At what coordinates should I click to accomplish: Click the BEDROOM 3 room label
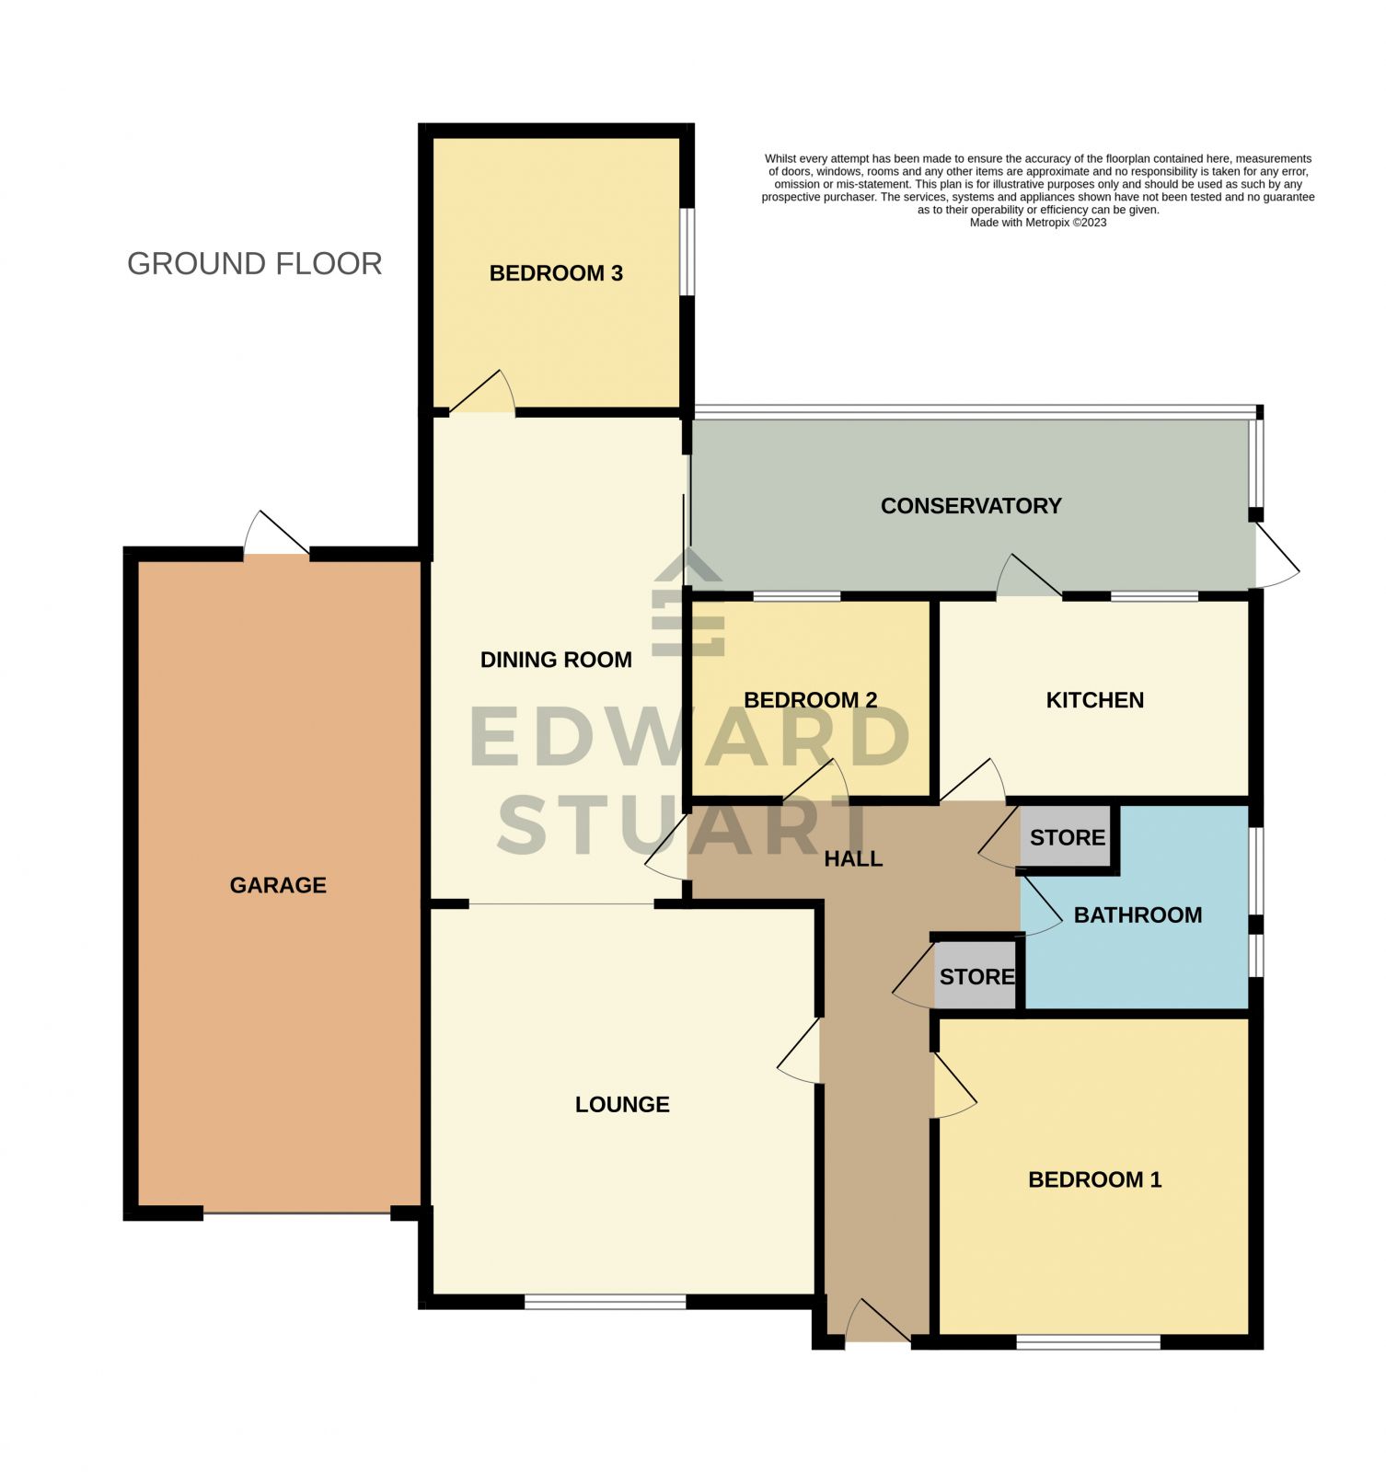coord(556,273)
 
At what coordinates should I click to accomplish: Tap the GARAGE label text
coord(278,885)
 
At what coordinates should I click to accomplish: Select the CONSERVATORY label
coord(971,506)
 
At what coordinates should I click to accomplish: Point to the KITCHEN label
coord(1094,700)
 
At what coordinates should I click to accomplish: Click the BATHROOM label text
coord(1138,915)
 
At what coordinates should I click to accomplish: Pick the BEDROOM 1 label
coord(1094,1180)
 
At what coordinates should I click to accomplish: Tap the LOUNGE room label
coord(622,1105)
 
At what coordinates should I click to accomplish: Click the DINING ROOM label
coord(556,660)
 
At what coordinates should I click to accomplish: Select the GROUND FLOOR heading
coord(254,264)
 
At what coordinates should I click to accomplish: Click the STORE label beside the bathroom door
coord(1067,838)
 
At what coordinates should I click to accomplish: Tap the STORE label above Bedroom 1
coord(976,977)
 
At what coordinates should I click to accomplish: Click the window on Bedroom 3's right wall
coord(687,252)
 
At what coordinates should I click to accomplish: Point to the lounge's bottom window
coord(605,1302)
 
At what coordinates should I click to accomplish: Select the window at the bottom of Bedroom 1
coord(1088,1343)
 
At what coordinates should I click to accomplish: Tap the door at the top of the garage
coord(276,535)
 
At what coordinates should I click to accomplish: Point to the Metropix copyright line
coord(1037,223)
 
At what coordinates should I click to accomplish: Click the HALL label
coord(853,859)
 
